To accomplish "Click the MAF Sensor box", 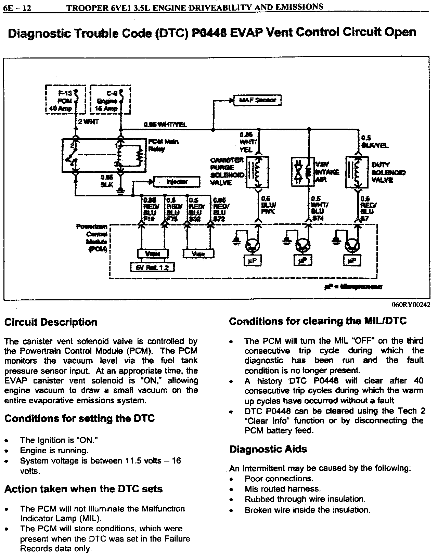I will click(x=257, y=100).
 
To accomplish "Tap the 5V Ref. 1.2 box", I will click(x=153, y=267).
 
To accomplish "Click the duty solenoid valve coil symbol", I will click(x=357, y=172).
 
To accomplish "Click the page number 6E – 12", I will click(x=17, y=8).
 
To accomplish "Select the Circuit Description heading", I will click(x=51, y=322).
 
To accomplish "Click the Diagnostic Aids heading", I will click(x=268, y=449).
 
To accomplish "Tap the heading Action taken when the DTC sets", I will click(x=83, y=489).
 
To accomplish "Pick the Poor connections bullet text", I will click(x=279, y=479).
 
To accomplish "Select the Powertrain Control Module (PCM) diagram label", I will click(x=97, y=238).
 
